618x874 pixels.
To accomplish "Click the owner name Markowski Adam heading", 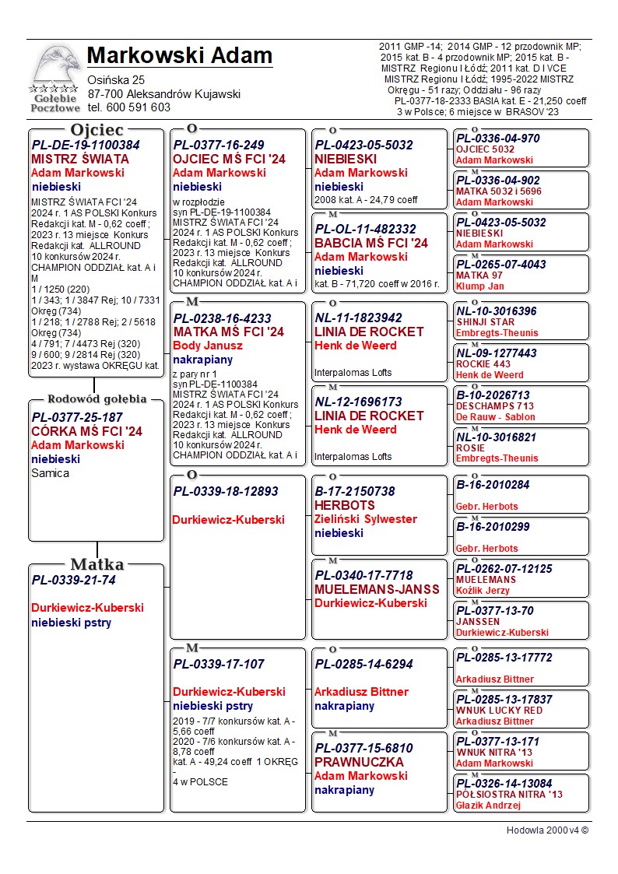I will click(x=179, y=56).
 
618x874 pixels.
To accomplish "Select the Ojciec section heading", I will click(x=97, y=130).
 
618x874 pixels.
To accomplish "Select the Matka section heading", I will click(x=97, y=564).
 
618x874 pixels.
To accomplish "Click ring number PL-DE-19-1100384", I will click(x=86, y=146).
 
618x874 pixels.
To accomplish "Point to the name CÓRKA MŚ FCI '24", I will click(x=86, y=431).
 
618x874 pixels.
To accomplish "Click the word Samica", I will click(x=50, y=473).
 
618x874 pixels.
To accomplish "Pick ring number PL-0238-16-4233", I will click(x=222, y=318).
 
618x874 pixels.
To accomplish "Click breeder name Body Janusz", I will click(x=208, y=346).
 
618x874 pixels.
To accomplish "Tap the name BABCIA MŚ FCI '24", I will click(x=371, y=243).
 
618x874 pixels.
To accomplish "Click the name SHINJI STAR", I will click(x=485, y=322).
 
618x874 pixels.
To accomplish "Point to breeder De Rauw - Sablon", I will click(x=496, y=417).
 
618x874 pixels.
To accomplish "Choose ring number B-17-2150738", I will click(x=355, y=492).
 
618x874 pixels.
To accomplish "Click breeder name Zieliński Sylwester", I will click(x=366, y=519).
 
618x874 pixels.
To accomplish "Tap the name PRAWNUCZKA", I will click(x=359, y=762).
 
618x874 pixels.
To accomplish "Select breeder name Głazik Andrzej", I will click(x=488, y=806).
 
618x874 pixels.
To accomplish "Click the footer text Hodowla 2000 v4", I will click(x=547, y=830).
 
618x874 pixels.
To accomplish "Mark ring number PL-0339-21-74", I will click(x=73, y=580).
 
